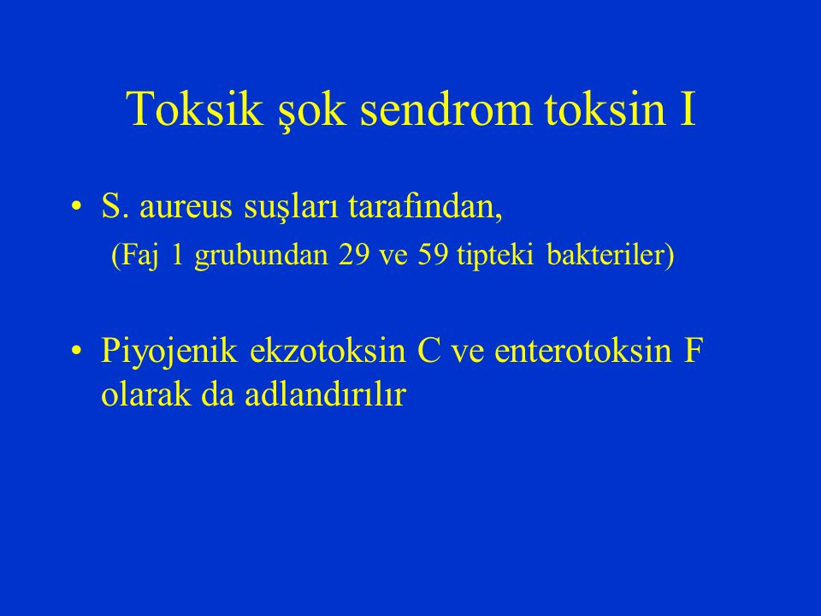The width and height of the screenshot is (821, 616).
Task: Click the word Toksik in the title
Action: (x=195, y=109)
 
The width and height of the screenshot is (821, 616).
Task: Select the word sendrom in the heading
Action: (x=446, y=109)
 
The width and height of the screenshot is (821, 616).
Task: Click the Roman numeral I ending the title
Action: (x=688, y=109)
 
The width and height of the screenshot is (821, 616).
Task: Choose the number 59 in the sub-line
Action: (x=433, y=256)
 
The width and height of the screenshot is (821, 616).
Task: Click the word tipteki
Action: (x=495, y=256)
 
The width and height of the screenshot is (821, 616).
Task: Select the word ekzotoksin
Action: (x=328, y=350)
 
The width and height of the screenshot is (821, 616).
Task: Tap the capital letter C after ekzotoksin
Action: (x=429, y=351)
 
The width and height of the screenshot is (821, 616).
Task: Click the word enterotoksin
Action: (x=582, y=351)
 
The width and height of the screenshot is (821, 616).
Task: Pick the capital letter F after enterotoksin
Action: (x=694, y=351)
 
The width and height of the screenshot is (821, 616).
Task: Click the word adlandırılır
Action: (x=325, y=394)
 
